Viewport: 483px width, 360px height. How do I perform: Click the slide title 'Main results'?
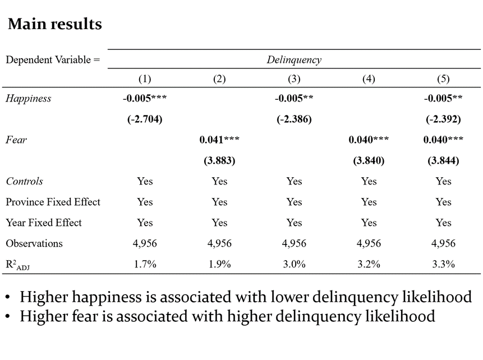pos(55,25)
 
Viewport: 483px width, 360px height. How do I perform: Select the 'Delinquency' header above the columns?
pos(294,60)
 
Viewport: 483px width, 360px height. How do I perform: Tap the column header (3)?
pos(294,79)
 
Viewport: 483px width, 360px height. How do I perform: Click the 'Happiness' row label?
pos(29,99)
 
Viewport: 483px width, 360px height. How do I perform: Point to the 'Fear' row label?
pos(16,140)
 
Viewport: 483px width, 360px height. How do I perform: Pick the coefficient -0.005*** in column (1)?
pos(145,99)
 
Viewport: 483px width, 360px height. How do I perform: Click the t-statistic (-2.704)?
pos(145,119)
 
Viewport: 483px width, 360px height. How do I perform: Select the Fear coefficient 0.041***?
pos(219,140)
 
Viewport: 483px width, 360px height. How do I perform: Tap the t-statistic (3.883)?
pos(219,161)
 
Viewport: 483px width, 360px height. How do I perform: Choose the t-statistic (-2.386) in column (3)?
pos(294,119)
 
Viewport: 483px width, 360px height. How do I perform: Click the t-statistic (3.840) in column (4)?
pos(369,161)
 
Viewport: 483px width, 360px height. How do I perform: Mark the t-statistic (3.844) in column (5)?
pos(443,161)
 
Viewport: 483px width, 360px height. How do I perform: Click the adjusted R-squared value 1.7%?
pos(145,264)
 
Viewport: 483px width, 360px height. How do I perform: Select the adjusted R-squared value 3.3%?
pos(443,264)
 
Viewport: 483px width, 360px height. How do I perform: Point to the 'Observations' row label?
pos(34,243)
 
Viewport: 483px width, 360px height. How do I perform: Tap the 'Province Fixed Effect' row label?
pos(53,202)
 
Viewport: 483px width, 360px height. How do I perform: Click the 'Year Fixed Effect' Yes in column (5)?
pos(443,223)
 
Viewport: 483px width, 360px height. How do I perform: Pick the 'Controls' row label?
pos(24,182)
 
